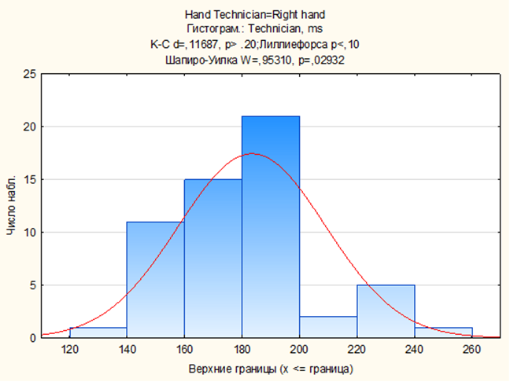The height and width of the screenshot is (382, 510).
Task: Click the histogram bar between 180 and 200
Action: [270, 227]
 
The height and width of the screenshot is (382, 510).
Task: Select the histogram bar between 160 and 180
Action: [213, 259]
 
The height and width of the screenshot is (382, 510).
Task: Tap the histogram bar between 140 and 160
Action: [155, 280]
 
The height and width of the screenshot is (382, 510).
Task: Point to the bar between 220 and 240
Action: [386, 311]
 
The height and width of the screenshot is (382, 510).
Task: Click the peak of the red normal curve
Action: [251, 153]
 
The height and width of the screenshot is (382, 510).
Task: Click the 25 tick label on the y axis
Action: [30, 74]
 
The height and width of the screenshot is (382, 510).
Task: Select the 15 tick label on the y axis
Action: [30, 179]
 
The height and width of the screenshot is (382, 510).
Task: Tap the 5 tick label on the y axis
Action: [32, 285]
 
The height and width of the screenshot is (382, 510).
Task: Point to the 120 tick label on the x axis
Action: [69, 351]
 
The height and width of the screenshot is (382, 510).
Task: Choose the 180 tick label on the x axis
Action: [242, 351]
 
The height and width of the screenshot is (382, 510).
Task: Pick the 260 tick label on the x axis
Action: [472, 351]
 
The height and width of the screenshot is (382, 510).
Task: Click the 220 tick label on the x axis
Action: [357, 351]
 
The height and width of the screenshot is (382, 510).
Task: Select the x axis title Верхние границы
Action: [271, 369]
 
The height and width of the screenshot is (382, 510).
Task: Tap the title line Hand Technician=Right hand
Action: [254, 15]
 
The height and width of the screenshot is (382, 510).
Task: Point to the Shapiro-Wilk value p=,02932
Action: [320, 58]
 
